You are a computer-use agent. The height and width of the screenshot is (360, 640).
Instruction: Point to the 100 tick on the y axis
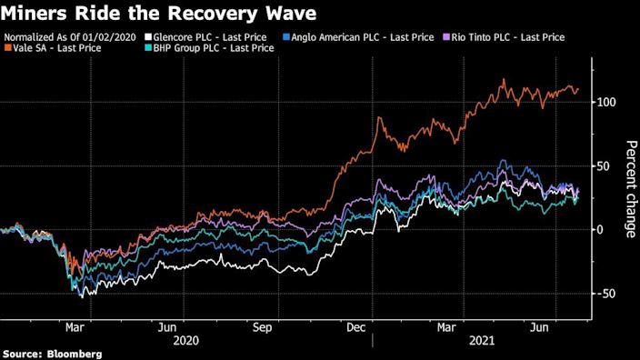click(607, 102)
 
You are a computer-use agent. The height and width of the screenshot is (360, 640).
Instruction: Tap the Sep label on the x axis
click(262, 328)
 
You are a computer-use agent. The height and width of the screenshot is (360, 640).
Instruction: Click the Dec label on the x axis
click(356, 328)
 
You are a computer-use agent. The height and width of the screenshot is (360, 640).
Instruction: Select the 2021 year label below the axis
click(482, 342)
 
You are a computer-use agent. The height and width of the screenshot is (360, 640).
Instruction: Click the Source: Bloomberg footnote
click(51, 354)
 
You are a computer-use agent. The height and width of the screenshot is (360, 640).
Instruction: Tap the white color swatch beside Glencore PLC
click(149, 36)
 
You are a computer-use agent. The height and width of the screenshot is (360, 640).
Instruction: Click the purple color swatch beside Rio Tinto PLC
click(446, 36)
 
